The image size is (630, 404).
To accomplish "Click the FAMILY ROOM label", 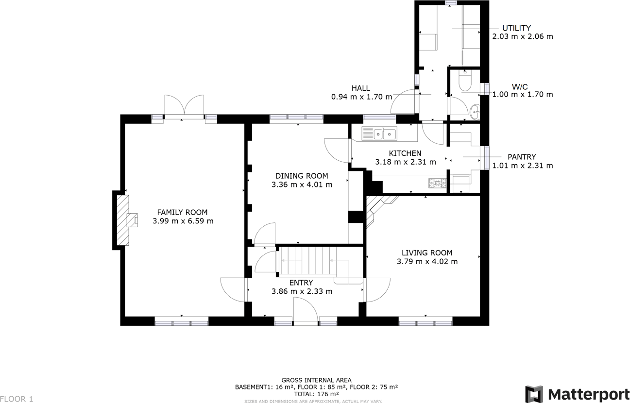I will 182,212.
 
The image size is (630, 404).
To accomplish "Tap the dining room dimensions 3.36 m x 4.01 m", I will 302,185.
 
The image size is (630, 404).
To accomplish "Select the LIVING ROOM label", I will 427,252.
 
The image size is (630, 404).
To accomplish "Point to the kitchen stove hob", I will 437,183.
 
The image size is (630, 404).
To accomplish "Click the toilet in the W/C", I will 464,83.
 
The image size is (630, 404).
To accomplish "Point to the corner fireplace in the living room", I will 377,209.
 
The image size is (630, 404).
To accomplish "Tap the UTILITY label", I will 516,28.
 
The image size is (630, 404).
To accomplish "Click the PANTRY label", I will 522,157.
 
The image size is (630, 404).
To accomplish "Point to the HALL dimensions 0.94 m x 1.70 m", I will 361,97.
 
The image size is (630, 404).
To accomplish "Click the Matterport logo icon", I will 534,394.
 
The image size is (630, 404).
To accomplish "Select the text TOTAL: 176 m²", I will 316,394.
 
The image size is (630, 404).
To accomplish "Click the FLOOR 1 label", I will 17,399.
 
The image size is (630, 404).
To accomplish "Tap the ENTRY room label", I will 301,283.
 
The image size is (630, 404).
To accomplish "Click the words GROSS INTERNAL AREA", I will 316,380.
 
